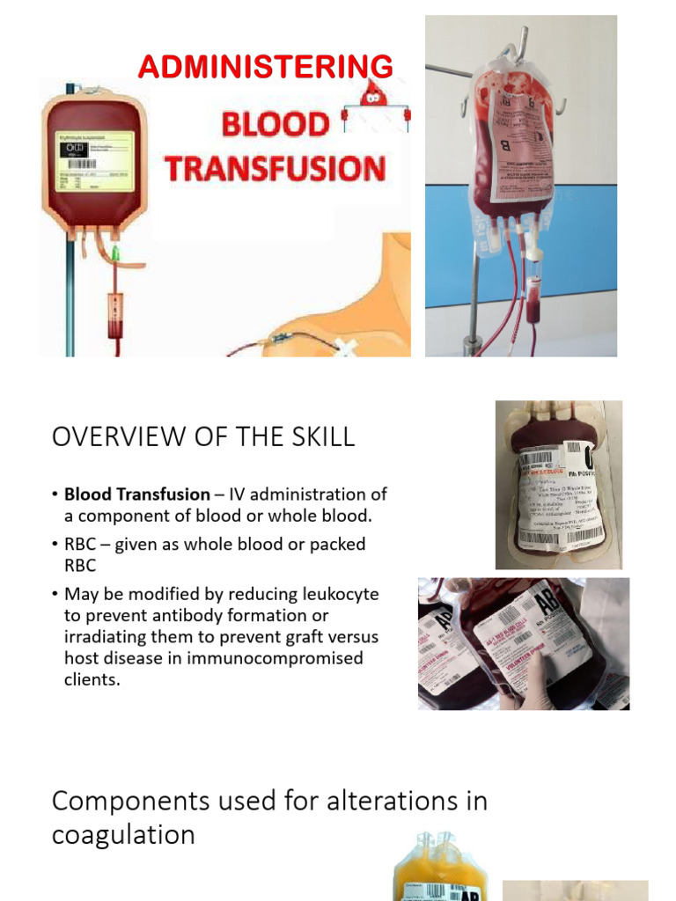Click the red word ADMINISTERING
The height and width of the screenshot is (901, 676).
265,67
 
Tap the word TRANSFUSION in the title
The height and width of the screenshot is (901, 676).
276,168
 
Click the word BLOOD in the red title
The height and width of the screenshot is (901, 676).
274,124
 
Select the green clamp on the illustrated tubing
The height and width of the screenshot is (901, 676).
114,255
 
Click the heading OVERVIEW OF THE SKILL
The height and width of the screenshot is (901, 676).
203,437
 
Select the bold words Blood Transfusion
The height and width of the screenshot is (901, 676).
137,494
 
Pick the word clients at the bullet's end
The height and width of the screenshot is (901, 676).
91,679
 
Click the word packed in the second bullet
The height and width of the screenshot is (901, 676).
338,545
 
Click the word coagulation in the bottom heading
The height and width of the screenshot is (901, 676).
123,834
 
